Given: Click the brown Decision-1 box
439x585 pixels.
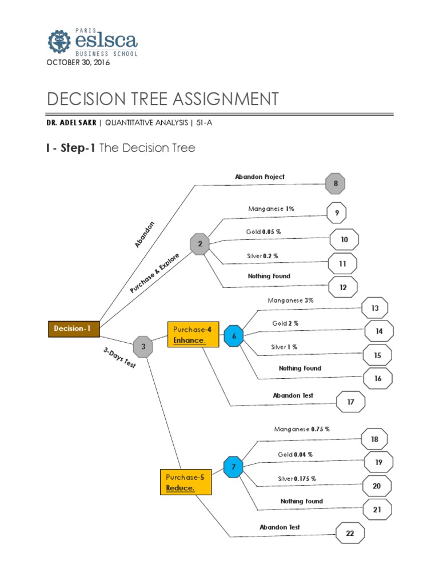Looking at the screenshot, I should coord(73,328).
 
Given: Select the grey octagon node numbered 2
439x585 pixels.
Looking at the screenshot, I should coord(200,244).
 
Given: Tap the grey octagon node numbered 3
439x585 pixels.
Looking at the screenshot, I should coord(143,347).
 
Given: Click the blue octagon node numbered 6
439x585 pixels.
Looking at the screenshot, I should coord(233,335).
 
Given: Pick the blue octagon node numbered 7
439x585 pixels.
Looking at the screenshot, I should coord(233,467).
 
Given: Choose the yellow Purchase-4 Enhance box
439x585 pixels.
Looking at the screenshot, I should coord(193,335).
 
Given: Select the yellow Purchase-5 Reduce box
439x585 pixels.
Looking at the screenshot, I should coord(186,482).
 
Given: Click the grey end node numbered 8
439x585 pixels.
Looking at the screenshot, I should coord(335,183).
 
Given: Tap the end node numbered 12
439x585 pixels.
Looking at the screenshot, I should coord(343,287).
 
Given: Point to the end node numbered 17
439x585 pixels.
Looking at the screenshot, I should coord(351,402).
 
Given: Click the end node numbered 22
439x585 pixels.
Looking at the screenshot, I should coord(350,534).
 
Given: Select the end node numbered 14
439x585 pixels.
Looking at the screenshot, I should coord(379,331).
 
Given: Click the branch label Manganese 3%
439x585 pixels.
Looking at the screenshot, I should coord(290,300).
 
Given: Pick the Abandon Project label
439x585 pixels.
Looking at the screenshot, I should coord(260,177).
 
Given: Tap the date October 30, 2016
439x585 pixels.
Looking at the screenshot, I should coord(78,62).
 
